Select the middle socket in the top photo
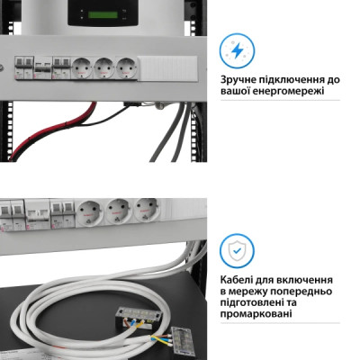click(x=105, y=67)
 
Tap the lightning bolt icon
click(x=237, y=50)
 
